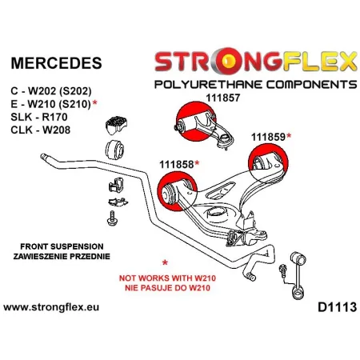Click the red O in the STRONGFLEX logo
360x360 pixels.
228,62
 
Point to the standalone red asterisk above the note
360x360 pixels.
165,263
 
